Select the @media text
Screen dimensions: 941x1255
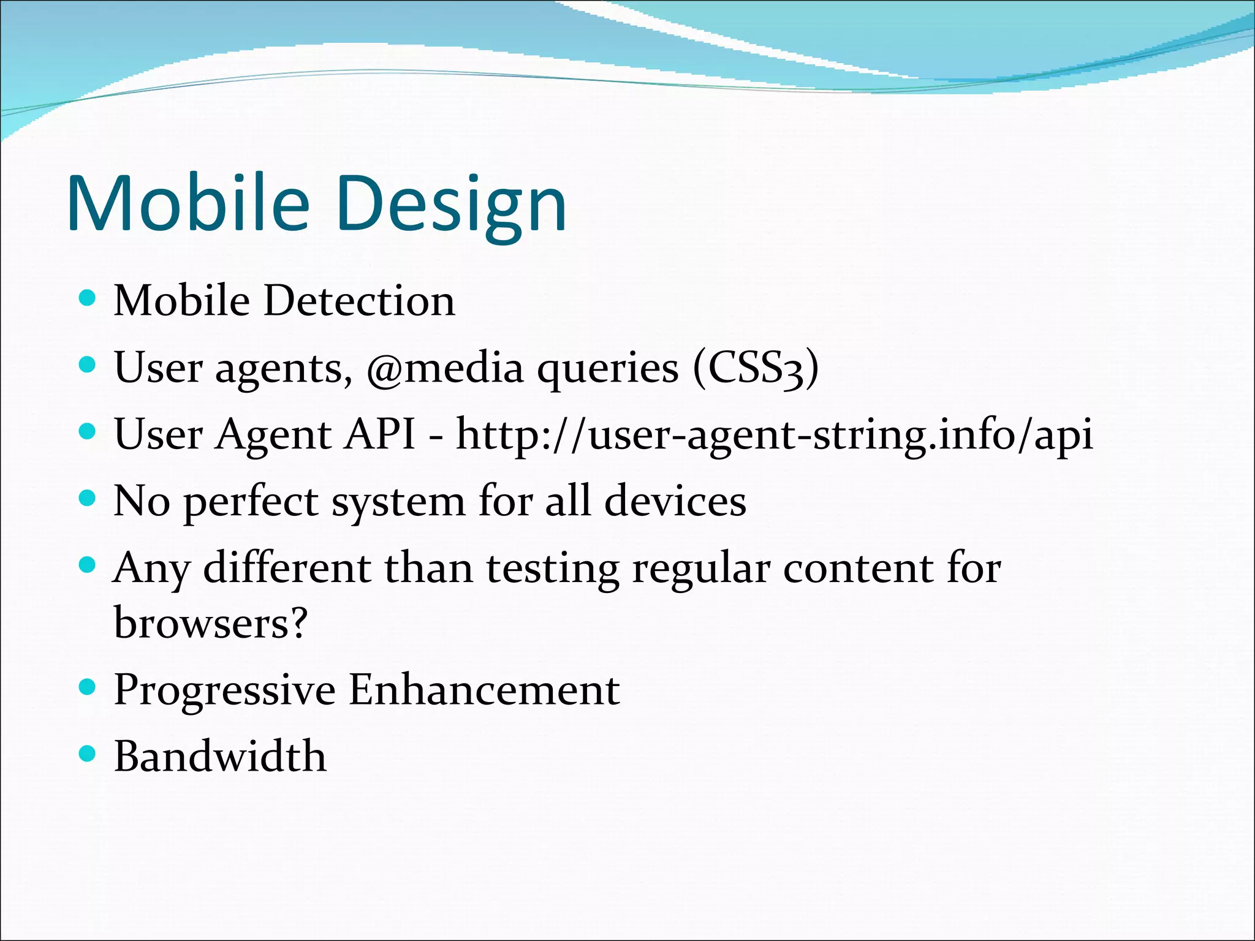(445, 368)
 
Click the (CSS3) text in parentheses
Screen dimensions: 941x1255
(756, 368)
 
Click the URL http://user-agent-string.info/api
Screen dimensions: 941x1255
(775, 434)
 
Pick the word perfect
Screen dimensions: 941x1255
(251, 502)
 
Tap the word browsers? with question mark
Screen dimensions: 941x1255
(210, 622)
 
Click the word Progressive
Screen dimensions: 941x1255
(224, 690)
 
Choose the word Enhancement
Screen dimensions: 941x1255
(484, 689)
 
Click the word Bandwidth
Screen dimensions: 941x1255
(220, 756)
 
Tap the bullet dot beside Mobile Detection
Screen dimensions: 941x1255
(88, 298)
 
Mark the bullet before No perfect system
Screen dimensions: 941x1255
(88, 498)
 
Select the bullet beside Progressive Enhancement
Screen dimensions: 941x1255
(88, 687)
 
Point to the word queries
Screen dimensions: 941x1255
(608, 369)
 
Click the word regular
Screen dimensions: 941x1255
(700, 568)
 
